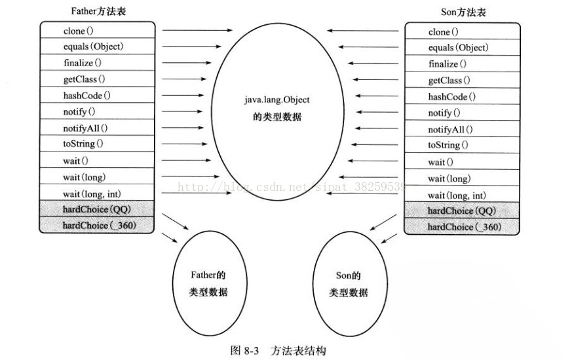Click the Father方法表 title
pos(98,12)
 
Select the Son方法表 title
pos(463,12)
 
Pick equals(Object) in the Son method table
pos(458,48)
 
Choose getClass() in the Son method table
pos(449,81)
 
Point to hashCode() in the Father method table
pos(86,95)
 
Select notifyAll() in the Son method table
pos(450,130)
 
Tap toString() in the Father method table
pos(83,144)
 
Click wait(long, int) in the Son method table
pos(457,195)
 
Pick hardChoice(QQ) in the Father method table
pos(95,209)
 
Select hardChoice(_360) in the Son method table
pos(464,227)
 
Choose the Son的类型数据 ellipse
pos(348,283)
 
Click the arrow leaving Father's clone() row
pos(197,30)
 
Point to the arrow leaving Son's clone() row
pos(364,30)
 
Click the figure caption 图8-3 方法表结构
pos(278,350)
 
